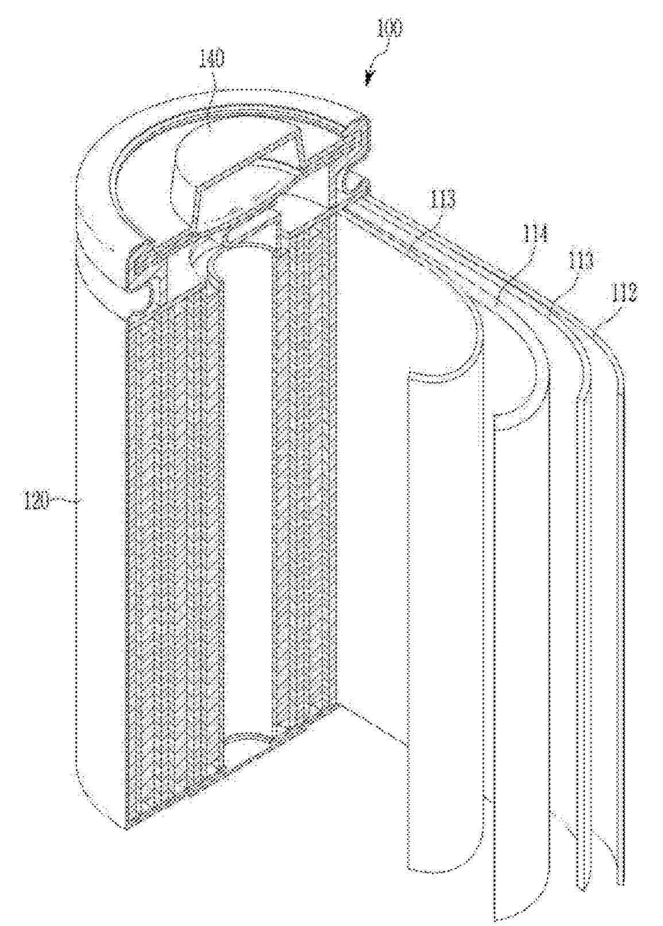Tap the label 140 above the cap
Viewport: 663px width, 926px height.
[212, 59]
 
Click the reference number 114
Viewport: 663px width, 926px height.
[535, 235]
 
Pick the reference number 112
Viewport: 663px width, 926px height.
[625, 295]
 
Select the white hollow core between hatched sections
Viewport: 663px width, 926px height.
[244, 489]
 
